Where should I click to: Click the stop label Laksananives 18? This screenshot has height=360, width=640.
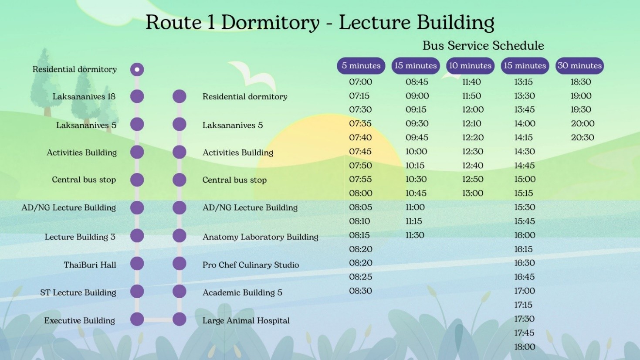84,97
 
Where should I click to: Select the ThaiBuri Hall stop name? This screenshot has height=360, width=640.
90,265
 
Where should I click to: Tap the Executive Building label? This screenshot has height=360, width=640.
79,321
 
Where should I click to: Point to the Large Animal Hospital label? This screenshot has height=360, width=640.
246,321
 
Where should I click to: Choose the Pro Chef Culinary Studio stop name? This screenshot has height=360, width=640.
251,265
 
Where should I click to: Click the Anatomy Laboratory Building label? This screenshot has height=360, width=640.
260,237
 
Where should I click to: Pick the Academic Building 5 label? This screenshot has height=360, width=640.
242,292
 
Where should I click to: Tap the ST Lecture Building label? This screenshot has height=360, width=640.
78,292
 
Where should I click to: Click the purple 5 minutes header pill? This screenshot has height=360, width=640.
361,66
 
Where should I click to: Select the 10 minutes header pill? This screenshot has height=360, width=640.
470,66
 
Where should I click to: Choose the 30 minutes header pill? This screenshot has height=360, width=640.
580,66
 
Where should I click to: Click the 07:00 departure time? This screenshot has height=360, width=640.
361,82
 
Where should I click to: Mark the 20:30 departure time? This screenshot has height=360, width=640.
582,137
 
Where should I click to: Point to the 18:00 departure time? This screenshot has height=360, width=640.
525,347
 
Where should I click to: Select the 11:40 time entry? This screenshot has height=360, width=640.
471,82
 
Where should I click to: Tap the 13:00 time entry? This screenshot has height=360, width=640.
473,193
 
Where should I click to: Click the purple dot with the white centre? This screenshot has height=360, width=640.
137,69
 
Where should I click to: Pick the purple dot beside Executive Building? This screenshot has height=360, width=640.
137,319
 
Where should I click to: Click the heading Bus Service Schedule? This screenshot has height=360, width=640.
483,46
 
